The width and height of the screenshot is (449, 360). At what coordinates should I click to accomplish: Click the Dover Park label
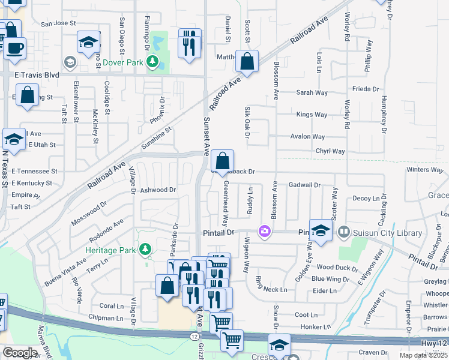point(124,62)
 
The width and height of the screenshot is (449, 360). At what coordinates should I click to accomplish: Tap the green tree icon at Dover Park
point(153,62)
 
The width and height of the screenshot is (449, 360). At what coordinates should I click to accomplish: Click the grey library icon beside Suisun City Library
point(343,230)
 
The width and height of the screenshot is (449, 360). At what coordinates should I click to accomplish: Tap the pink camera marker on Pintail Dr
point(264,231)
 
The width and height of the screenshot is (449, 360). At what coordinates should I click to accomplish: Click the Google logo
point(20,353)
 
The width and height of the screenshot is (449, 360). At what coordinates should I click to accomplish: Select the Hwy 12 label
point(435,342)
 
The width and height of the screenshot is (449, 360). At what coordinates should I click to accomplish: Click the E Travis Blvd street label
point(37,75)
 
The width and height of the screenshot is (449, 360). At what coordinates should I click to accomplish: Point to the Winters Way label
point(424,170)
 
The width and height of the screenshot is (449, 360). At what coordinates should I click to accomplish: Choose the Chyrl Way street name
point(330,152)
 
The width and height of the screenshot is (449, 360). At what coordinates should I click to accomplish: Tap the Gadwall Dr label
point(304,185)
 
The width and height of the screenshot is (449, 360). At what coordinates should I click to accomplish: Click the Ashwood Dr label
point(158,190)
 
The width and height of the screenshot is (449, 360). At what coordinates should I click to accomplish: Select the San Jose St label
point(58,23)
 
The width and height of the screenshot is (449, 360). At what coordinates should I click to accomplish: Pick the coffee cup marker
point(15,48)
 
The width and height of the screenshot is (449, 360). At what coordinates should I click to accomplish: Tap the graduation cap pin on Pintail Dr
point(321,231)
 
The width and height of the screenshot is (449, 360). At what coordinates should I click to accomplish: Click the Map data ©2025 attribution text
point(423,355)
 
